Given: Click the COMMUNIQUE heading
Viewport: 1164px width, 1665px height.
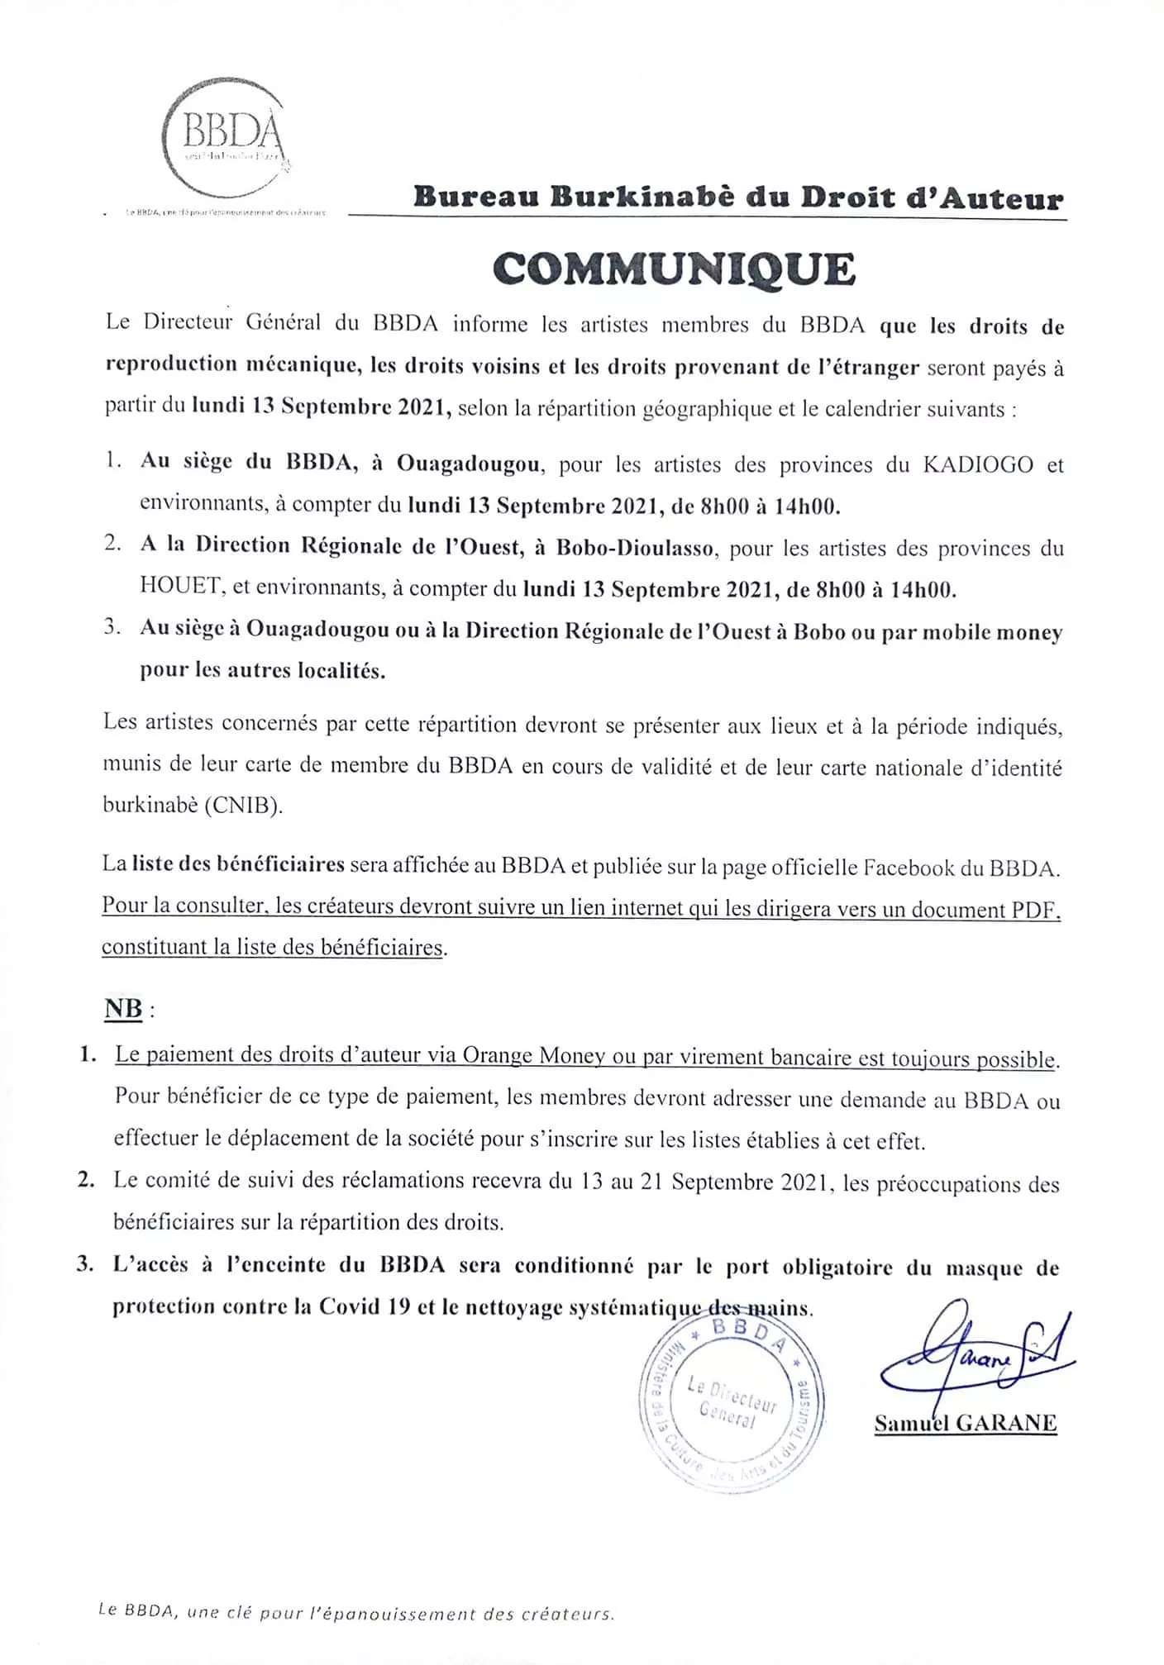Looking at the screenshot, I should click(673, 268).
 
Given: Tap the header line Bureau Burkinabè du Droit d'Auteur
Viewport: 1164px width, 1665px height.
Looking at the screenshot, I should click(738, 198).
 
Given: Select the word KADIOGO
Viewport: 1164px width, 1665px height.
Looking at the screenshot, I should click(977, 464).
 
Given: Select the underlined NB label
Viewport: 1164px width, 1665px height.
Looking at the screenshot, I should click(123, 1009).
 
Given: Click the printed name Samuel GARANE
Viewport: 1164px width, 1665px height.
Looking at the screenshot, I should click(965, 1422).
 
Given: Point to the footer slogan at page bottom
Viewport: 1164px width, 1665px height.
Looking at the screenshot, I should click(355, 1612).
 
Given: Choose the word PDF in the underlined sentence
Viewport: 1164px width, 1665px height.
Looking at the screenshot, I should click(1034, 909).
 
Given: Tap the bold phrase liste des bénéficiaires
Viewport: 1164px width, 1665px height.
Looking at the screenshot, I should click(238, 865).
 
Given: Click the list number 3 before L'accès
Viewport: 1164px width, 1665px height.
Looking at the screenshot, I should click(83, 1266).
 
